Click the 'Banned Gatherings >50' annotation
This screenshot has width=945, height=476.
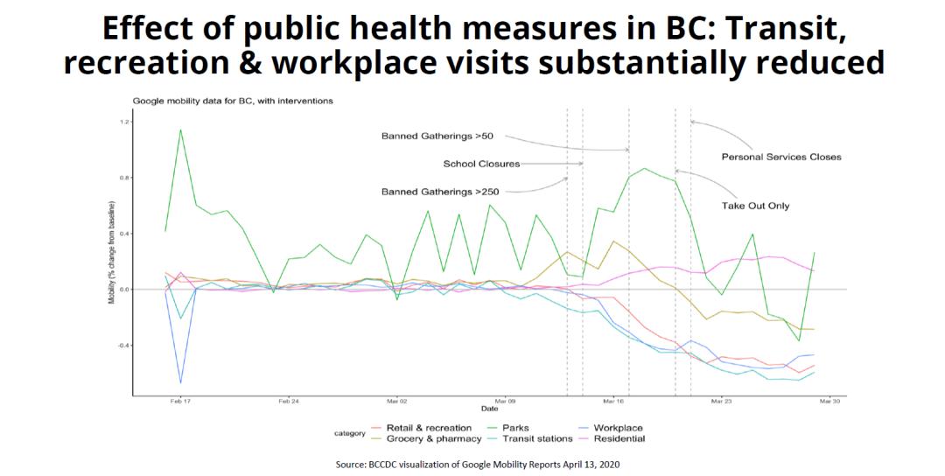(437, 136)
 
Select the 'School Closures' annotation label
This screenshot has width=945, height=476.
(481, 164)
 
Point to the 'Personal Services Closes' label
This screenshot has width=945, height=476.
(780, 157)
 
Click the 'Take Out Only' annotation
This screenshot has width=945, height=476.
(755, 206)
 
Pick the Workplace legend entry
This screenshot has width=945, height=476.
(618, 428)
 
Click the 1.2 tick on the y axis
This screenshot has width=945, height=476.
(124, 122)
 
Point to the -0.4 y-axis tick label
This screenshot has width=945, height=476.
(122, 345)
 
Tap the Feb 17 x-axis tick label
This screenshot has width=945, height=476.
(180, 402)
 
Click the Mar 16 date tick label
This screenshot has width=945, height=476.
(613, 402)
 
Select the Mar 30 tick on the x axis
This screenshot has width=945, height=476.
(829, 402)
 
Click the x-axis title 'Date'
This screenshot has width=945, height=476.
(489, 409)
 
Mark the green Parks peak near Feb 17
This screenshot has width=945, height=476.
(180, 130)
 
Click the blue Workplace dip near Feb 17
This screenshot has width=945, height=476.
(181, 382)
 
